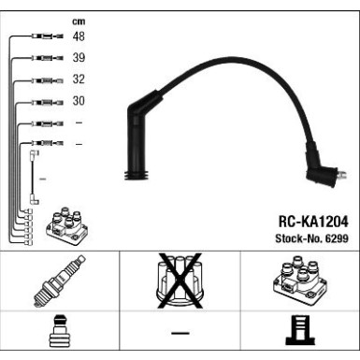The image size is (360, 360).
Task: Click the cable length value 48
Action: [x=79, y=37]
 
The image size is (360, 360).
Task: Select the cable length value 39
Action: [x=79, y=58]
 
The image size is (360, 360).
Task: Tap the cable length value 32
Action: [x=79, y=79]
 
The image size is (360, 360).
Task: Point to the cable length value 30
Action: [x=79, y=101]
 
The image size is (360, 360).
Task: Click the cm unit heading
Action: [x=78, y=21]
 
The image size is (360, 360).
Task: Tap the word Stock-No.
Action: [x=296, y=239]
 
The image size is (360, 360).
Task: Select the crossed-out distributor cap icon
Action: [x=178, y=281]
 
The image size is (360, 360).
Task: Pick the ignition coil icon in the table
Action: [x=297, y=281]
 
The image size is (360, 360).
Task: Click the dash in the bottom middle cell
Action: [x=180, y=335]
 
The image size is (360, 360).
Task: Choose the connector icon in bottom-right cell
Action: [x=297, y=335]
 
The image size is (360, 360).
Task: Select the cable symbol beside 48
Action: [x=47, y=37]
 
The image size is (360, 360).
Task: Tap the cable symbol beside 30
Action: [x=47, y=101]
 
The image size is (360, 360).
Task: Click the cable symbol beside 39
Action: [x=47, y=58]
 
